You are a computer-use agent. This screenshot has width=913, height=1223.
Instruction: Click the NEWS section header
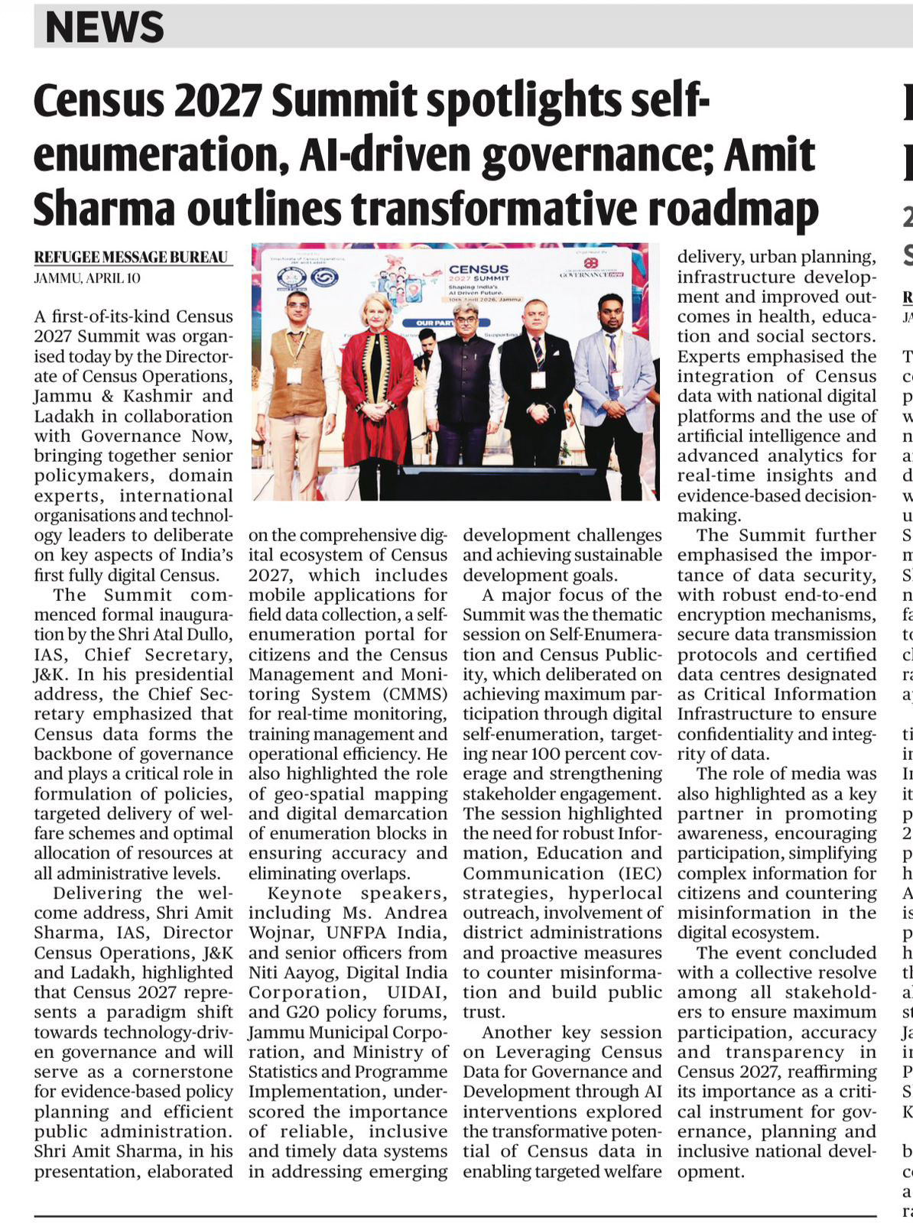tap(104, 27)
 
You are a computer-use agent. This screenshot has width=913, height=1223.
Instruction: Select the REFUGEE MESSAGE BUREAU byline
tap(131, 258)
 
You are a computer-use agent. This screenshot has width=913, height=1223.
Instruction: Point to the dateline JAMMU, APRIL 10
tap(87, 278)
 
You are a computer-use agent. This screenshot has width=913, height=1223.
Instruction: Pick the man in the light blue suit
tap(613, 382)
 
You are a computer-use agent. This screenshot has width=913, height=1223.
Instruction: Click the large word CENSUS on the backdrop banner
tap(479, 269)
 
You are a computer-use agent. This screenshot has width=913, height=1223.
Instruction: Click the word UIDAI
tap(418, 992)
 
